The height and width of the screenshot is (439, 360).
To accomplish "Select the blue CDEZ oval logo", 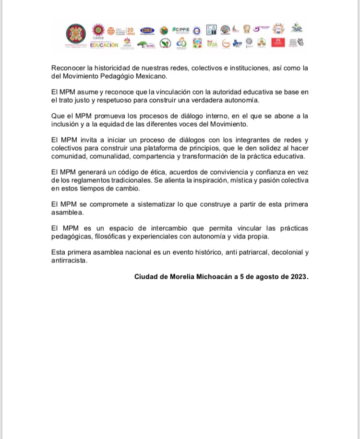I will pos(147,30).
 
